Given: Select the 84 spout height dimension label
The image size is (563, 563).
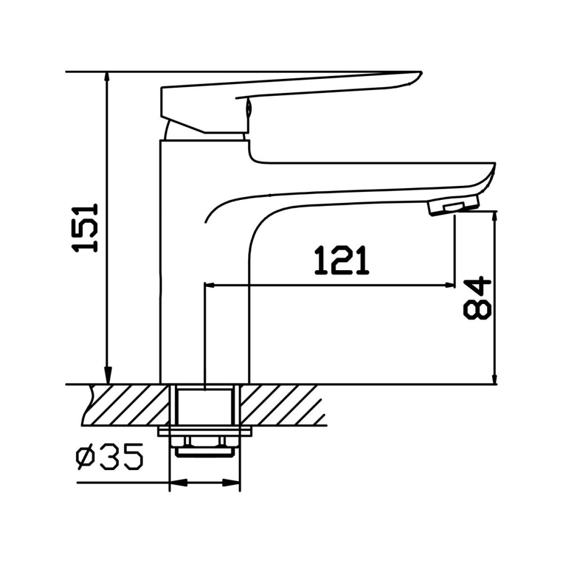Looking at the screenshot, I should click(x=477, y=298).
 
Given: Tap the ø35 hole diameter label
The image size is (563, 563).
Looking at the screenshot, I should click(x=109, y=459).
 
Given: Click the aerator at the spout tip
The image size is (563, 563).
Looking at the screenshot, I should click(x=453, y=205).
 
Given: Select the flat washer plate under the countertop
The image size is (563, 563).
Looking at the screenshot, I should click(x=205, y=431).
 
